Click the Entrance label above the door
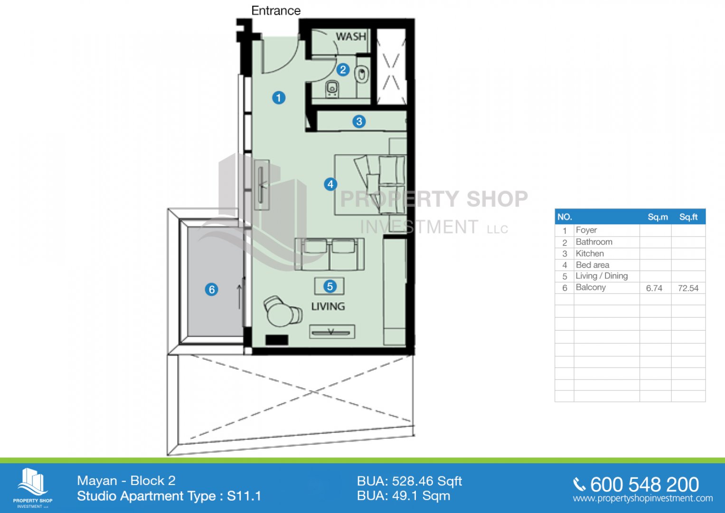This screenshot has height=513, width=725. point(276,10)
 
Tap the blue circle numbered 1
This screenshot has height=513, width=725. point(279,97)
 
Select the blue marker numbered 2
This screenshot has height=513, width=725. point(343,70)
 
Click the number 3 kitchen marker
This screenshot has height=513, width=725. point(359,122)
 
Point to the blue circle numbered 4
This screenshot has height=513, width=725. point(330,184)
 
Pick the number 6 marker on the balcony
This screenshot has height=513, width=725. point(212,289)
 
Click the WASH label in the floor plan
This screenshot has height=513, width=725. point(351,37)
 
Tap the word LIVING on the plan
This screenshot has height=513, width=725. point(328,306)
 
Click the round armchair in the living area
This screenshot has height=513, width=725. point(282,311)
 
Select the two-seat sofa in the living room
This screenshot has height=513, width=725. point(330,254)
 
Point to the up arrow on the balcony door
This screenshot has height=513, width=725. point(239,297)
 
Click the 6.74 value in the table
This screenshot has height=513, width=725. point(654,288)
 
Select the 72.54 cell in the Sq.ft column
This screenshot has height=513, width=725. point(688,288)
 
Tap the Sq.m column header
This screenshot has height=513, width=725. point(658,217)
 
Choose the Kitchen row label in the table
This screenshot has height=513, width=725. point(590,253)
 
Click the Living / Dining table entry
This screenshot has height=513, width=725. point(602,276)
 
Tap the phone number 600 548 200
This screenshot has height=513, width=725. point(644,484)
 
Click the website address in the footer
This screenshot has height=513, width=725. point(643,498)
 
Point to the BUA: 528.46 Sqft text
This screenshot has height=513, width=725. point(409,481)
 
